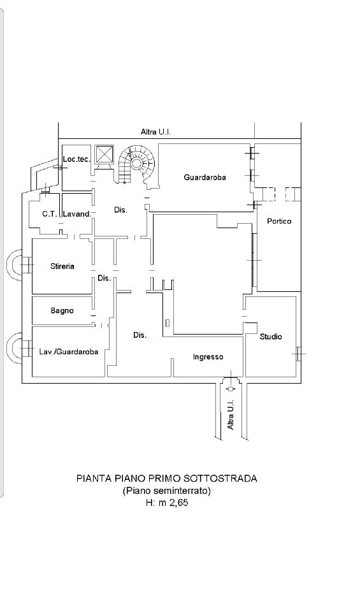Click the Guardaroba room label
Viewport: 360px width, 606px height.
point(205,177)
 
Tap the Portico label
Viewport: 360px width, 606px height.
point(279,221)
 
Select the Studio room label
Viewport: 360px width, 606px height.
point(270,336)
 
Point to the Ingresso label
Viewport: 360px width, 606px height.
point(208,357)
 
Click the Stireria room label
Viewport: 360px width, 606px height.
point(62,266)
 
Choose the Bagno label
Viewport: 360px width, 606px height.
point(62,310)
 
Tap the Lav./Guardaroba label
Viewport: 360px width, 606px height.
point(69,352)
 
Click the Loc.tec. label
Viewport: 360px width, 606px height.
point(76,159)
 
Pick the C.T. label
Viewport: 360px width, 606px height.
point(50,213)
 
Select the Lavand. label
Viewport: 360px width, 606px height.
point(77,213)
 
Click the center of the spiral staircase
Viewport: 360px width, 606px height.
point(136,163)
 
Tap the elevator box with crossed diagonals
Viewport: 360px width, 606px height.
point(104,154)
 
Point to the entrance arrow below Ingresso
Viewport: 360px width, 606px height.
point(231,388)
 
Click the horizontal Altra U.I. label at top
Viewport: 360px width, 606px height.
point(155,132)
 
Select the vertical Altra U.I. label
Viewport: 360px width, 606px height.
point(231,415)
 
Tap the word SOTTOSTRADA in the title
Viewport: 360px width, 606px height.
point(220,479)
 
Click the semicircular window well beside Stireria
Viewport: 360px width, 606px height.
point(15,265)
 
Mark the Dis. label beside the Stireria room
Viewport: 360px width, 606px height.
point(104,278)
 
